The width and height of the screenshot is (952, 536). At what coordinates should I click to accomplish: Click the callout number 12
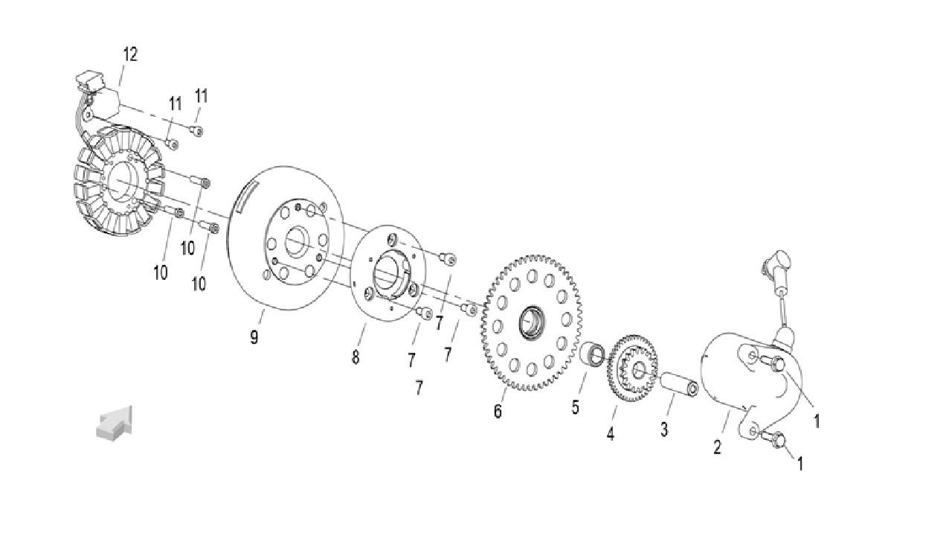(x=130, y=54)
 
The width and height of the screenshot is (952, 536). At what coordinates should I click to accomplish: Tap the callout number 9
(x=254, y=337)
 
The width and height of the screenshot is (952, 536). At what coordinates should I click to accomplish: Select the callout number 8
(x=356, y=357)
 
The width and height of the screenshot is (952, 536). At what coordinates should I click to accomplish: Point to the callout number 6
(x=498, y=411)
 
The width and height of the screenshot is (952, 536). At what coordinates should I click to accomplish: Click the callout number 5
(x=575, y=407)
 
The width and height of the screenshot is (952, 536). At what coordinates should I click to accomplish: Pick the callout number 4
(x=611, y=434)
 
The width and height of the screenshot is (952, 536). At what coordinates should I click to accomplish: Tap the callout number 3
(x=664, y=429)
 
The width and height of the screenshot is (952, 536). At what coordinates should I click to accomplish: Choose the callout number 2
(x=717, y=447)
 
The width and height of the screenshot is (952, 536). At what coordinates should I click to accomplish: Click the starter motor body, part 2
(x=733, y=372)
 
